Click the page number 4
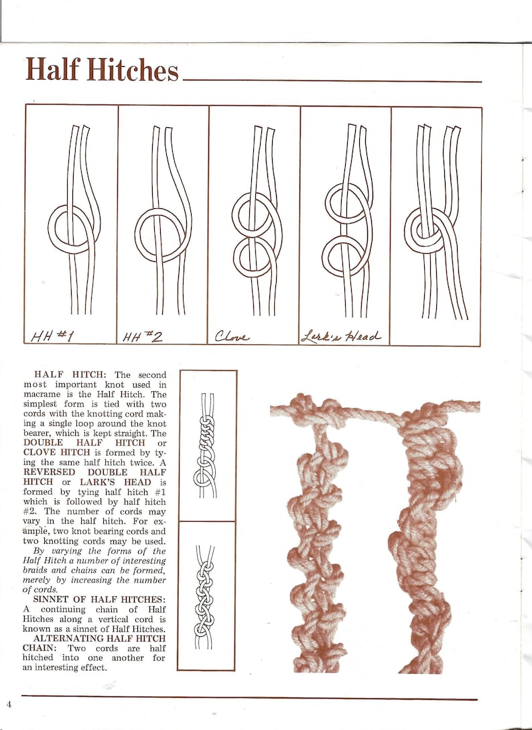click(x=9, y=704)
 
